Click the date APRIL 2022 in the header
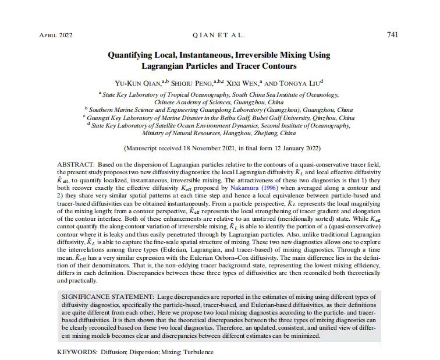[x=56, y=36]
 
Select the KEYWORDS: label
[x=77, y=352]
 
